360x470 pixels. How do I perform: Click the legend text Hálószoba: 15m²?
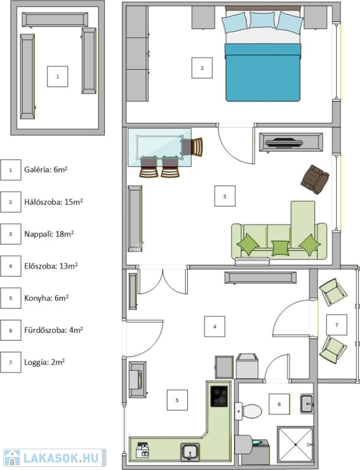click(x=53, y=202)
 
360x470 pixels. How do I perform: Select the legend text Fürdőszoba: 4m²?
click(x=53, y=330)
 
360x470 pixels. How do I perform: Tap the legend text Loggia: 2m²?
click(x=45, y=362)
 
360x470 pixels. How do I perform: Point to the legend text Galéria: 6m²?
click(x=45, y=170)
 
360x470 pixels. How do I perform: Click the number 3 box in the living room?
click(x=225, y=196)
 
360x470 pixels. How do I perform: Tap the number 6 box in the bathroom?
click(x=279, y=404)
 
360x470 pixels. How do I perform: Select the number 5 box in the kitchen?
click(x=178, y=400)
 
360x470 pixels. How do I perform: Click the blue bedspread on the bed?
click(x=263, y=72)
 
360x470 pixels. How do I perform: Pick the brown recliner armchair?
click(x=315, y=179)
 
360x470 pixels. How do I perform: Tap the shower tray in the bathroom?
click(x=296, y=444)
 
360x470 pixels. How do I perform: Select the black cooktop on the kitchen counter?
click(x=219, y=397)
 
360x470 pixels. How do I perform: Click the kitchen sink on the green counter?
click(x=190, y=452)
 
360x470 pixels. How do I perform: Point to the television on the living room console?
click(x=284, y=143)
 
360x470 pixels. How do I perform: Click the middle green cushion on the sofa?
click(x=280, y=248)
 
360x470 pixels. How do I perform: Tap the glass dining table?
click(x=160, y=147)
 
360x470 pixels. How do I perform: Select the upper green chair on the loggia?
click(x=333, y=293)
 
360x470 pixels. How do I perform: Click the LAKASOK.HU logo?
click(x=54, y=458)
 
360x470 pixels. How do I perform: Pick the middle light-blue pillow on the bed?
click(x=263, y=20)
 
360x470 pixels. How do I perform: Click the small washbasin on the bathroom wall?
click(x=307, y=404)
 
